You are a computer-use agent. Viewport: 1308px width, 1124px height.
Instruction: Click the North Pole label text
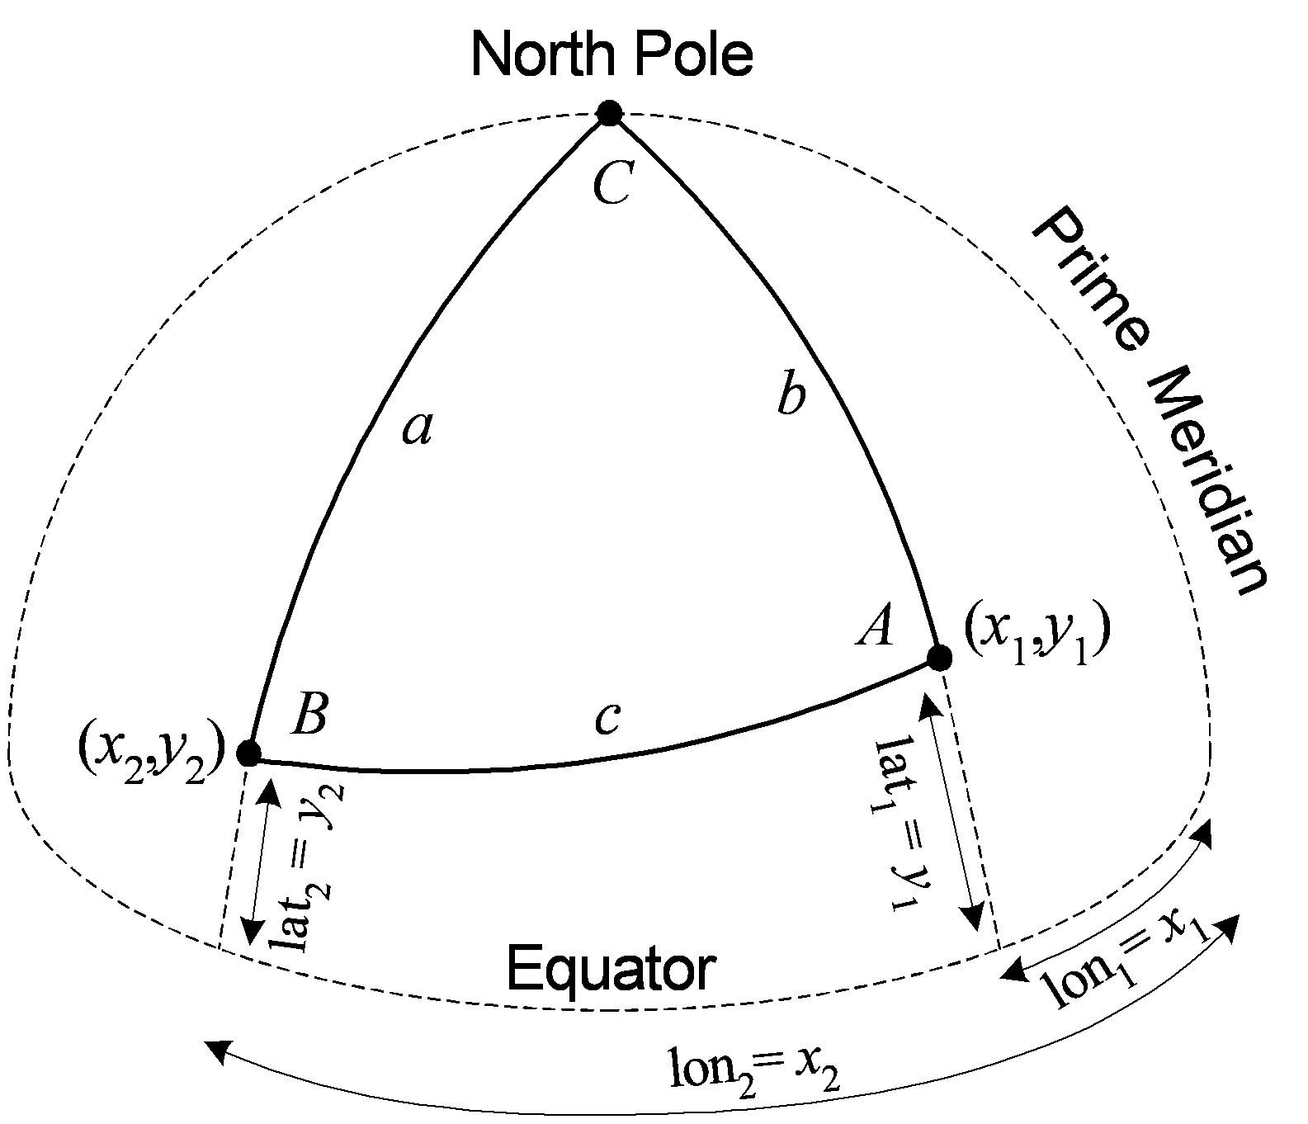612,54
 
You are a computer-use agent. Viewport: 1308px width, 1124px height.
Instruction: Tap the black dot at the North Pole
609,112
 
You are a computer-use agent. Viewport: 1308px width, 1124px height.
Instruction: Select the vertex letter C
613,183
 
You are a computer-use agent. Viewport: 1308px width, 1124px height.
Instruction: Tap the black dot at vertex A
939,659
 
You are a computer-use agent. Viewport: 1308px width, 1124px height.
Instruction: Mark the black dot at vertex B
248,753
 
